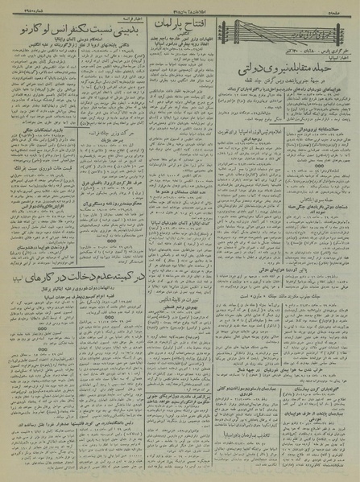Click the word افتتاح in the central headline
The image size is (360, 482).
tap(201, 31)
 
